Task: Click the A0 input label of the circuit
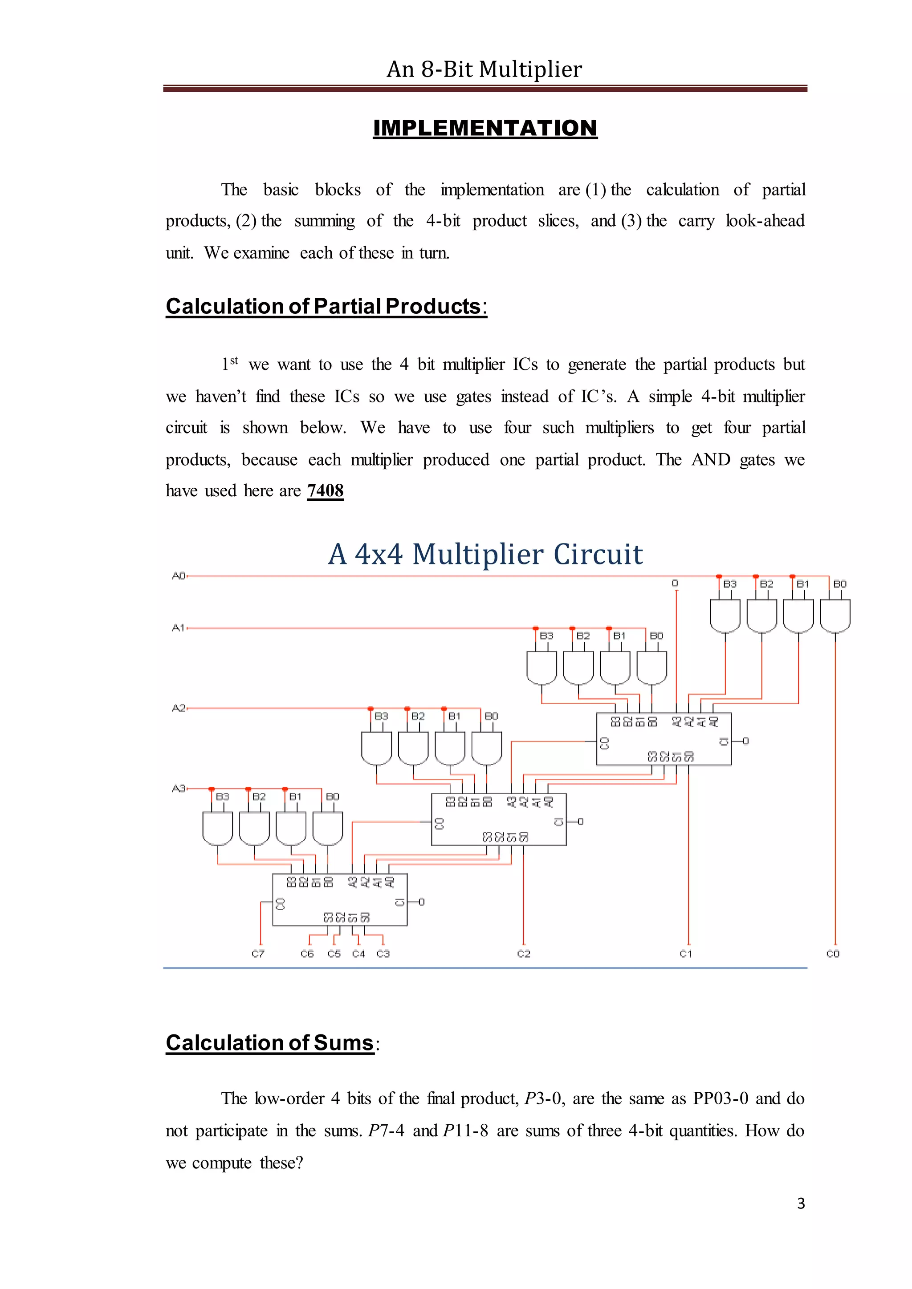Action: click(178, 576)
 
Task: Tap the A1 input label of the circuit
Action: click(178, 628)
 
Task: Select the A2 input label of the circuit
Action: click(178, 708)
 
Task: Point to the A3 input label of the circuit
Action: click(178, 788)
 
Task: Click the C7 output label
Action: click(258, 954)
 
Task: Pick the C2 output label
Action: click(523, 954)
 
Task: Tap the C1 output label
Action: click(686, 954)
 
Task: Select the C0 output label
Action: click(833, 954)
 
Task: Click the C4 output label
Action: click(358, 954)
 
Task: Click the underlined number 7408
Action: click(325, 490)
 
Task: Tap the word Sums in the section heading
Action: click(343, 1042)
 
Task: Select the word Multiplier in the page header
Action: click(530, 69)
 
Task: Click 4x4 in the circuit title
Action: click(379, 554)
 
